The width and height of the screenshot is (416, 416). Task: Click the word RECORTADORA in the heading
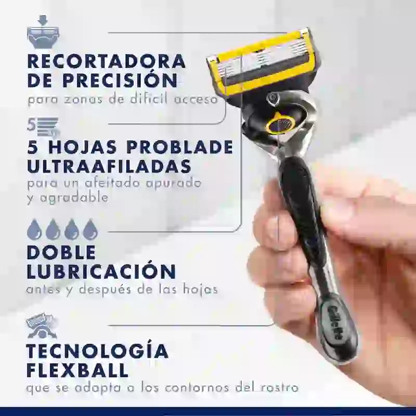coord(106,61)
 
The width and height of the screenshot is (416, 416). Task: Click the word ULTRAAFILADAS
coord(108,167)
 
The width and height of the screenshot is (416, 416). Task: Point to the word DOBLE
coord(61,252)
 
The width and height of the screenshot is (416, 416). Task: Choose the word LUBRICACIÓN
coord(101,272)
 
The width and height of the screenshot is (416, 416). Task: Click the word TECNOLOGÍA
coord(98,352)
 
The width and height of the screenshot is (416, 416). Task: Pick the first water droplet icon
coord(34,229)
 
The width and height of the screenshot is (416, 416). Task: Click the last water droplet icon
coord(90,229)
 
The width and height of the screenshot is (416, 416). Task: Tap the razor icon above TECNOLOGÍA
coord(42,326)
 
